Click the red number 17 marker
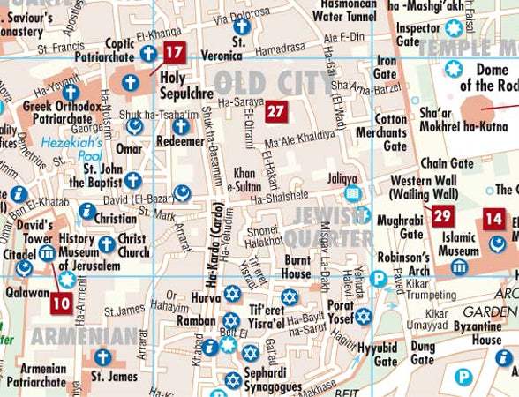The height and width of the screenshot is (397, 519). tap(174, 52)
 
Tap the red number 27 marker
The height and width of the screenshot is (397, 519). tap(276, 111)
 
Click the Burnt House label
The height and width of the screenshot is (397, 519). tap(296, 266)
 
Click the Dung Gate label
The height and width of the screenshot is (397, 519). tap(422, 353)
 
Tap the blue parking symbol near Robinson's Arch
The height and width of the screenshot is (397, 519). tap(379, 279)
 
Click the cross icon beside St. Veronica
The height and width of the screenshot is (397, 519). tap(239, 26)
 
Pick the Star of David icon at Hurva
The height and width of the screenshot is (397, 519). tap(231, 292)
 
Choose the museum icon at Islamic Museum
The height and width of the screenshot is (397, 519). tap(458, 267)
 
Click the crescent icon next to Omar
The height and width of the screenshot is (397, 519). tap(135, 126)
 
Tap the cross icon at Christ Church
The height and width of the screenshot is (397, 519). tap(106, 243)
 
